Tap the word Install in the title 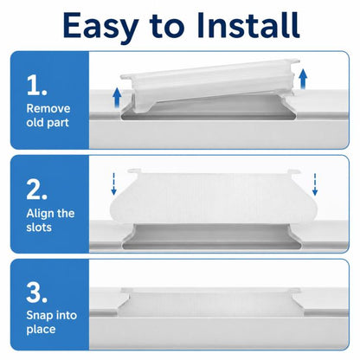click(x=248, y=25)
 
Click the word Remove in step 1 click(x=48, y=109)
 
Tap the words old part click(x=48, y=123)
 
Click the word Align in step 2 click(x=40, y=214)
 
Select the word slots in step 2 click(x=39, y=228)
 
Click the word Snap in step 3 click(x=39, y=316)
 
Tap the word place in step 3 click(x=41, y=330)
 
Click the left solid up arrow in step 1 click(x=117, y=97)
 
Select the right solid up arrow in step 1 click(x=303, y=78)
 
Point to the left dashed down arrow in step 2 click(x=113, y=183)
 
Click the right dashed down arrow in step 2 click(x=315, y=184)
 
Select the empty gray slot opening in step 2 click(x=212, y=236)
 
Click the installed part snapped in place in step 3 click(x=211, y=304)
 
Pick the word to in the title click(x=167, y=27)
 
